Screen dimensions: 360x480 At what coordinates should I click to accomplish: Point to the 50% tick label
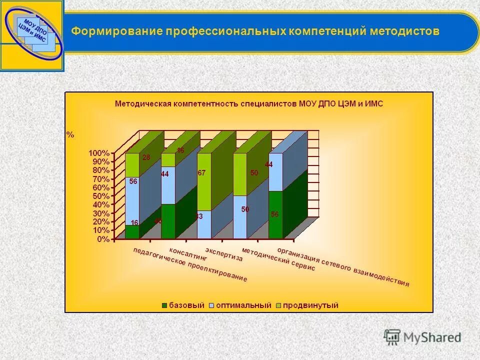click(101, 195)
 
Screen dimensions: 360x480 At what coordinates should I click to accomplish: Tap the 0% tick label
click(103, 239)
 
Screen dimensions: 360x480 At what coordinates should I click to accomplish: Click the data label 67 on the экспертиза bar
click(201, 173)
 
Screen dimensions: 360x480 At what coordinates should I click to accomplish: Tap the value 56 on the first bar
click(133, 182)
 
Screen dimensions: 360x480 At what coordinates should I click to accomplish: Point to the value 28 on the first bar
click(146, 157)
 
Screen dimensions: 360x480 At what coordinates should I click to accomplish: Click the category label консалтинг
click(181, 254)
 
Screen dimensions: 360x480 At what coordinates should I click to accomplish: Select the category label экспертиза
click(223, 254)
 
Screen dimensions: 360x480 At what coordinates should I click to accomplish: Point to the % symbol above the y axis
click(70, 134)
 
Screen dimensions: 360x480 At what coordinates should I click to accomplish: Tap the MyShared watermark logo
click(422, 336)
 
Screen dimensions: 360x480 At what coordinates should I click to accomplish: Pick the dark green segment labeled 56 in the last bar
click(275, 214)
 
